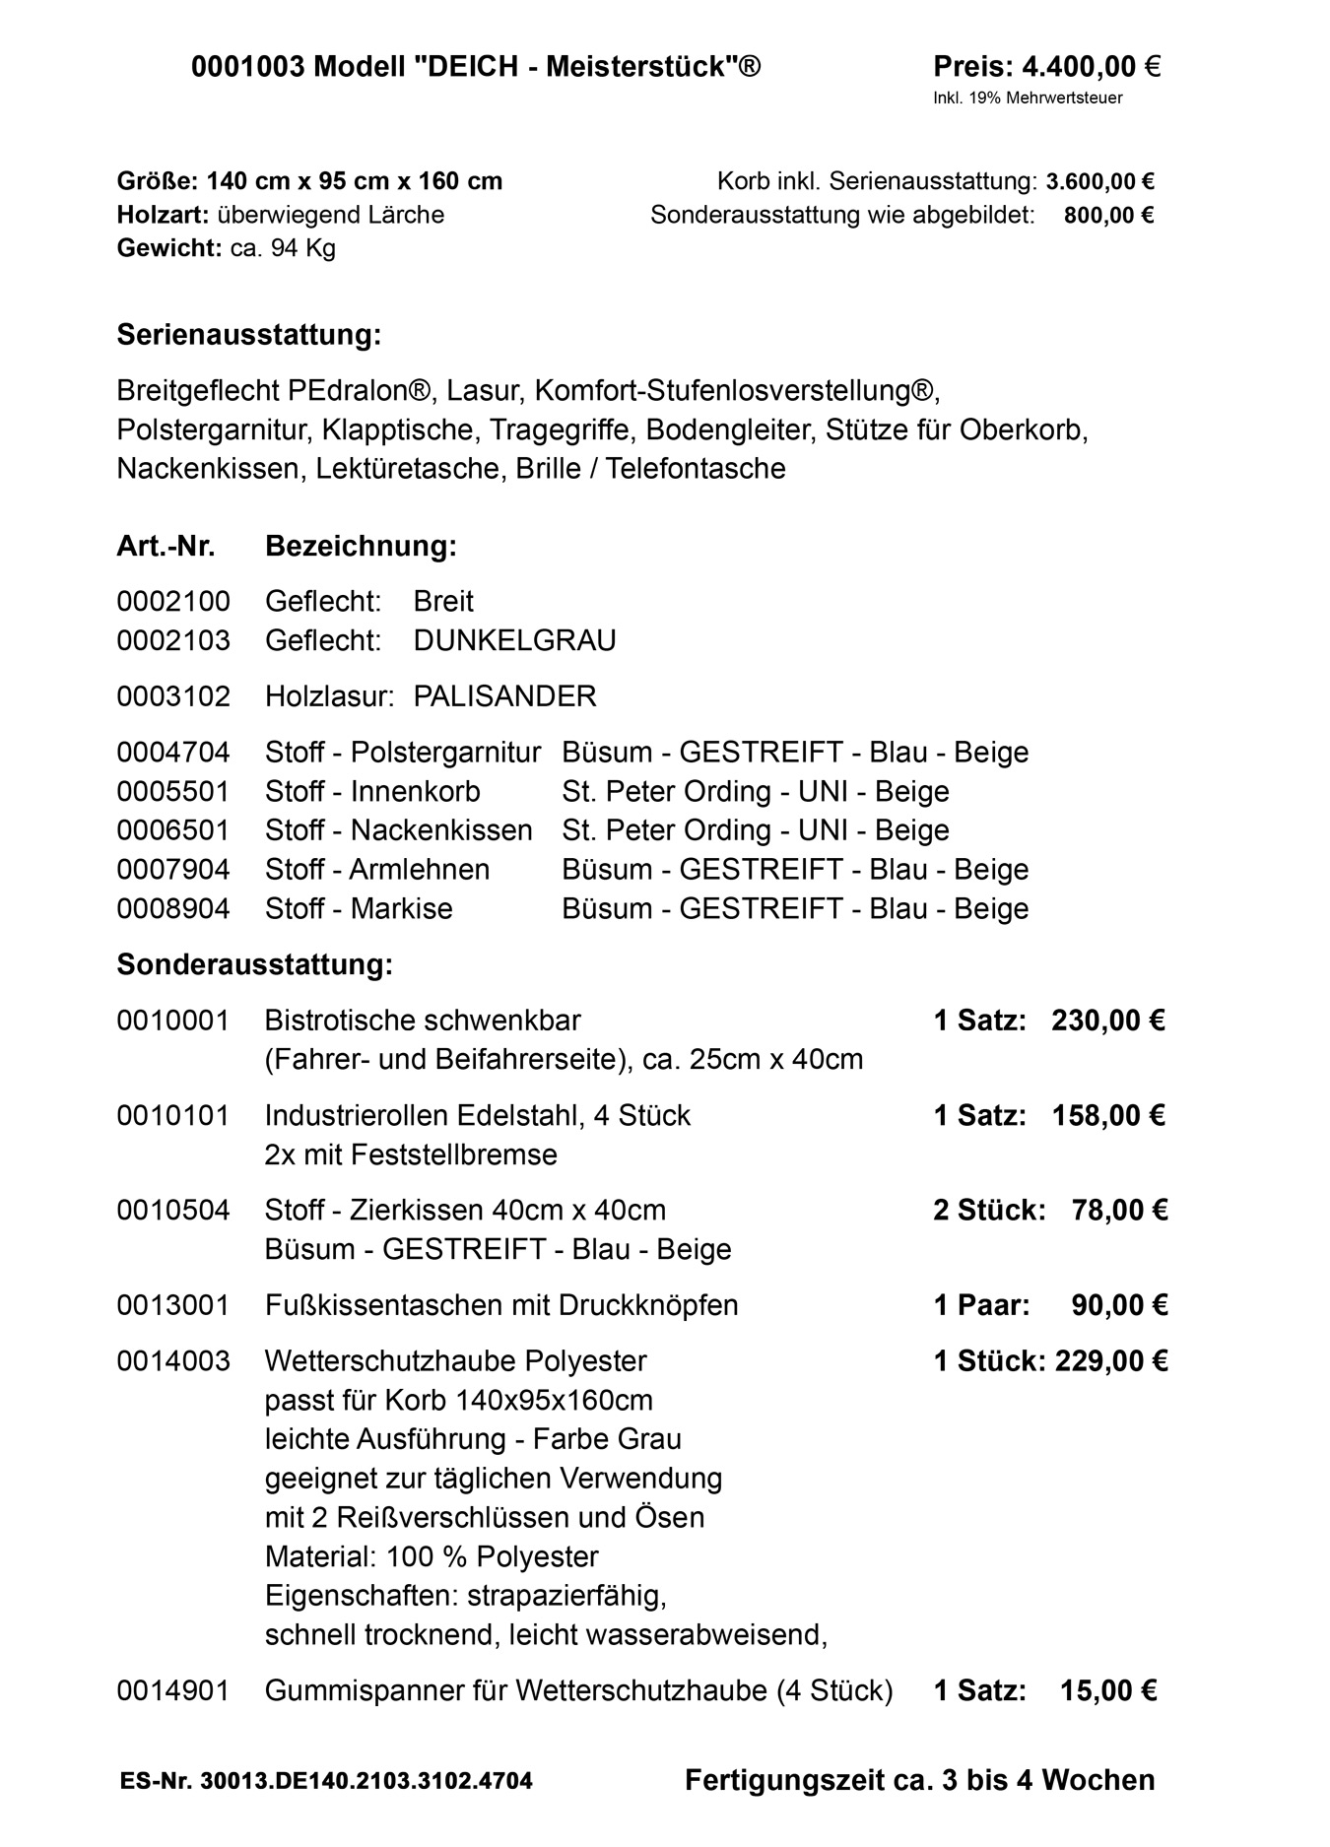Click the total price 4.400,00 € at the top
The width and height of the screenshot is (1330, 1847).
click(x=1091, y=67)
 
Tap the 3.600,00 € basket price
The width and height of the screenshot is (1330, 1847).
click(x=1099, y=182)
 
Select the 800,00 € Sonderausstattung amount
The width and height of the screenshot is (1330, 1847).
click(x=1108, y=216)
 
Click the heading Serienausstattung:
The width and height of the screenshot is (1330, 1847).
click(x=248, y=335)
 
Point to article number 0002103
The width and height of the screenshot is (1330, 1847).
click(x=173, y=641)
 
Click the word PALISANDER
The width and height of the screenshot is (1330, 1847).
click(x=504, y=697)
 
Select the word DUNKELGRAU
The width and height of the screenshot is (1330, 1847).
click(x=514, y=641)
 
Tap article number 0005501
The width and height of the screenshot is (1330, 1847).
click(x=173, y=792)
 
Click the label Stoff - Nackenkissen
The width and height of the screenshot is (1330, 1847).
click(x=398, y=831)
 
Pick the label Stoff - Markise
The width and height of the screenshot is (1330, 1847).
click(x=359, y=909)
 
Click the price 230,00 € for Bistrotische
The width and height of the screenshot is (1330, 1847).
click(x=1107, y=1021)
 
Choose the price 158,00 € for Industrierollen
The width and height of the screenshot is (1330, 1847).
click(x=1107, y=1116)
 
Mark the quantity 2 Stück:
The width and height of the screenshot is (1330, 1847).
click(x=989, y=1211)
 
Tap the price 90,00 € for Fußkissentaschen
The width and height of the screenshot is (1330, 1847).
click(x=1119, y=1306)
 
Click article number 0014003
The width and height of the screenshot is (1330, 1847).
click(x=173, y=1362)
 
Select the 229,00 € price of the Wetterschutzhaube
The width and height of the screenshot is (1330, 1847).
click(x=1111, y=1362)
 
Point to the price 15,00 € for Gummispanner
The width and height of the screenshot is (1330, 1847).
click(x=1107, y=1691)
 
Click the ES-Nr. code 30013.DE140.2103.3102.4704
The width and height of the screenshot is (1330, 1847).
click(x=366, y=1782)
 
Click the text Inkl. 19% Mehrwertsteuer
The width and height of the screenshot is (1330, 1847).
click(x=1028, y=99)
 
